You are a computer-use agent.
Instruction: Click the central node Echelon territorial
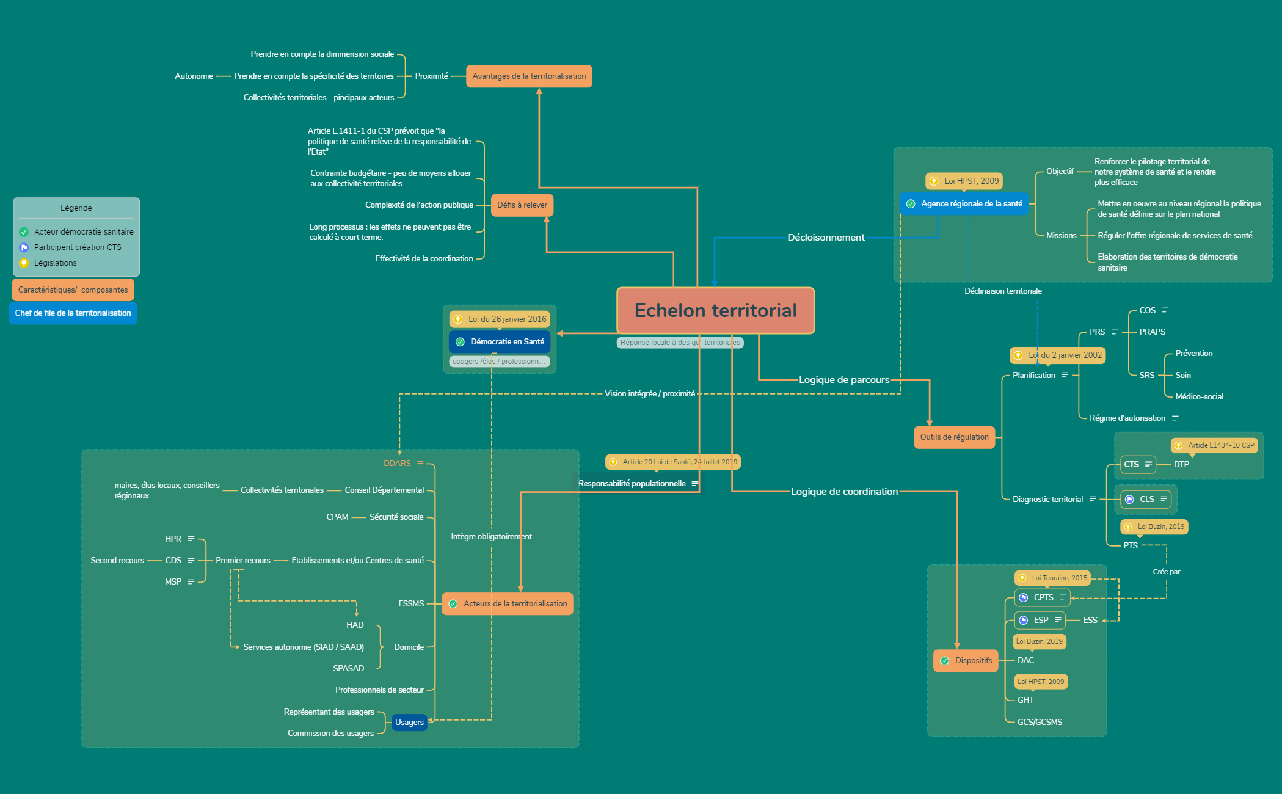(x=715, y=310)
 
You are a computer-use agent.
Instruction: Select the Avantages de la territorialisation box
(x=529, y=76)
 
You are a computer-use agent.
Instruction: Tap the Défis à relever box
(x=522, y=205)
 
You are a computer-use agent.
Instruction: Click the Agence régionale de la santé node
(x=964, y=204)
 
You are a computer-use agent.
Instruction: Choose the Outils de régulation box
(x=954, y=437)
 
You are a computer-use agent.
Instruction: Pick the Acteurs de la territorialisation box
(x=508, y=604)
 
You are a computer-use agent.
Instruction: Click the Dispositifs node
(x=966, y=661)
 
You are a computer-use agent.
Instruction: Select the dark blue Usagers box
(x=409, y=723)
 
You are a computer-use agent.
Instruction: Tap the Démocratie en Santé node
(x=500, y=342)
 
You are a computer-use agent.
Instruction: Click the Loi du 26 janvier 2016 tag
(x=500, y=319)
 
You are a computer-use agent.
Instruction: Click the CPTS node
(x=1043, y=598)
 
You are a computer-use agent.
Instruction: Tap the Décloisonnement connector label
(x=826, y=238)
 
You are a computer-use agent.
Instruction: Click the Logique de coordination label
(x=844, y=492)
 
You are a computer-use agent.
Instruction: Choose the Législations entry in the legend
(x=55, y=263)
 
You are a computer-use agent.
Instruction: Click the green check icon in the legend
(x=24, y=232)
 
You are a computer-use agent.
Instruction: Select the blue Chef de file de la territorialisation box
(x=73, y=313)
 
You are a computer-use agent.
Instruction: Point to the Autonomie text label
(x=194, y=76)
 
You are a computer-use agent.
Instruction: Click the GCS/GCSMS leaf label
(x=1040, y=723)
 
